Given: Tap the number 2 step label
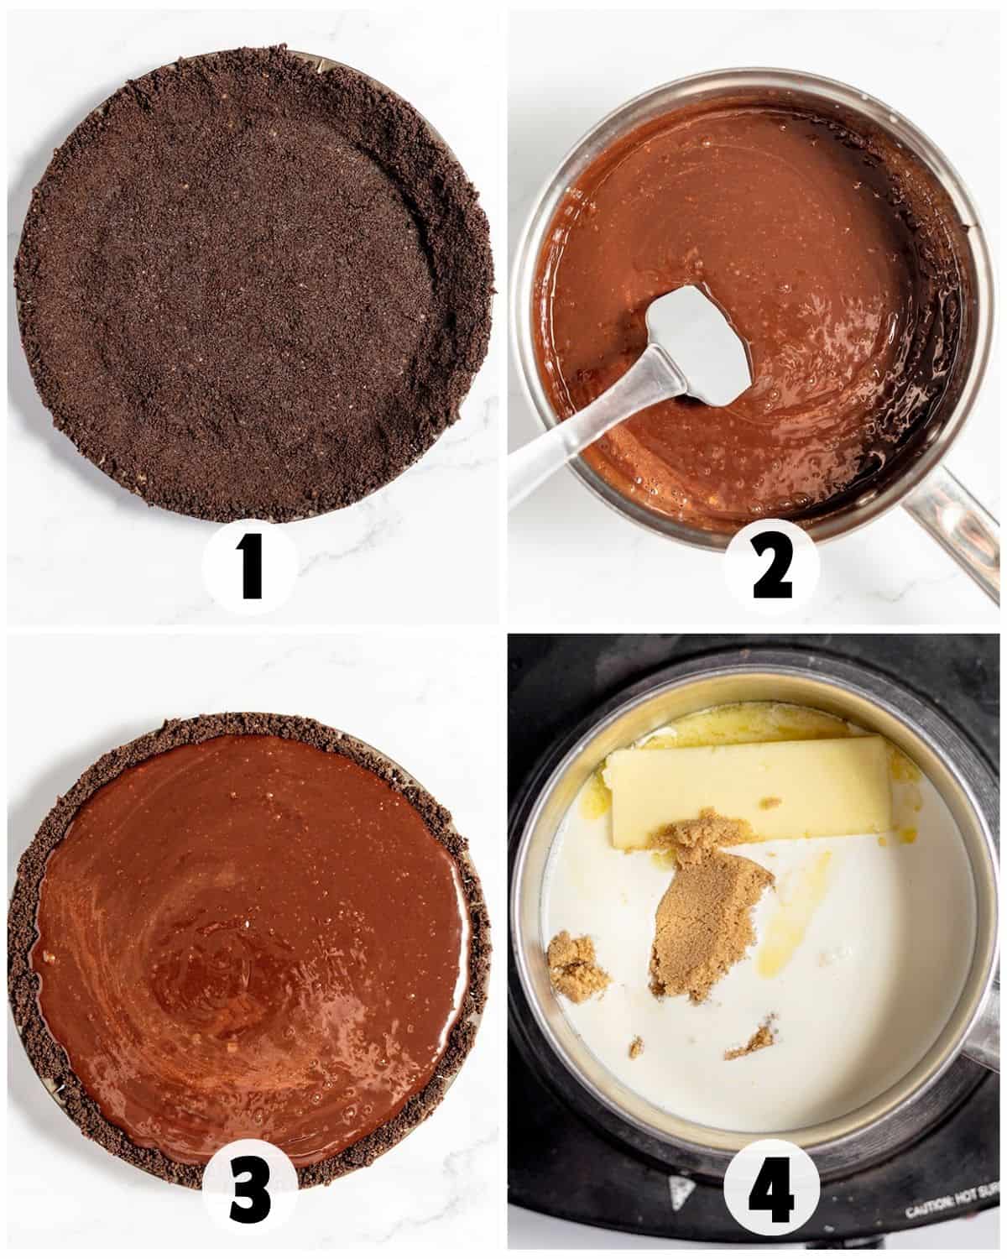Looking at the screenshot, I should (772, 568).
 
